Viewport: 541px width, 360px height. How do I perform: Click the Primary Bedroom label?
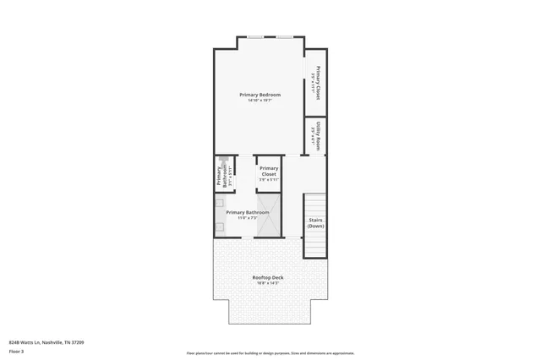point(259,94)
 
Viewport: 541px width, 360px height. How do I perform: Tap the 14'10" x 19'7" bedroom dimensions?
point(259,100)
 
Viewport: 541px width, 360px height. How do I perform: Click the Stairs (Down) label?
point(315,222)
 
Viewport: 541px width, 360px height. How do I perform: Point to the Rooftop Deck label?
point(268,277)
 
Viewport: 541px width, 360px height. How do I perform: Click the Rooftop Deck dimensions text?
point(268,283)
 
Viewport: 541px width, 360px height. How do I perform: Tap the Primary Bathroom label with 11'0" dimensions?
point(248,212)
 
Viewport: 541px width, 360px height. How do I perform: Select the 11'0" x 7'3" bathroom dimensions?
point(248,217)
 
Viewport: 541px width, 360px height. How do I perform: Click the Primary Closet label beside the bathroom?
point(269,171)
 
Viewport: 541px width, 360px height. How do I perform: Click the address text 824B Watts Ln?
point(46,341)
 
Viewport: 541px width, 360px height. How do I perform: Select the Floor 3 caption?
point(16,350)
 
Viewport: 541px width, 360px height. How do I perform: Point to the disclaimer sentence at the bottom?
point(270,353)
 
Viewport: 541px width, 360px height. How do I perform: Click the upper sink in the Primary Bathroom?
point(218,204)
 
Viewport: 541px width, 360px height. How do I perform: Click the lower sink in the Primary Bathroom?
point(218,226)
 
